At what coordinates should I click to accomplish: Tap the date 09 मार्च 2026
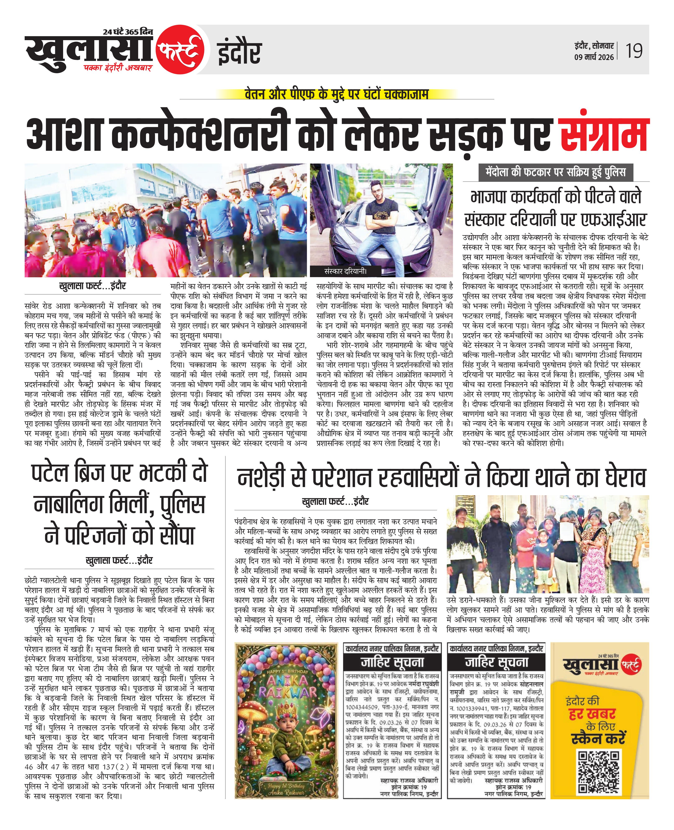coord(594,57)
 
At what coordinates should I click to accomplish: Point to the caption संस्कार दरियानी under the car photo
coord(345,271)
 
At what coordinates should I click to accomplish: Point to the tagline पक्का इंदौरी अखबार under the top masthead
coord(118,68)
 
